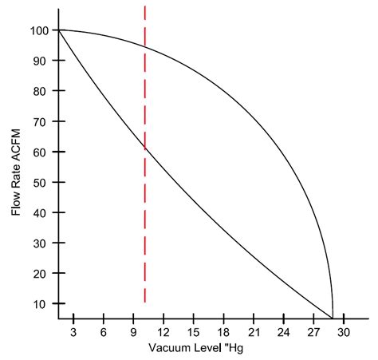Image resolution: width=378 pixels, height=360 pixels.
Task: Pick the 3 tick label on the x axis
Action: [x=73, y=331]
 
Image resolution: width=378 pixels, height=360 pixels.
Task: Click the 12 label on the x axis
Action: [x=163, y=331]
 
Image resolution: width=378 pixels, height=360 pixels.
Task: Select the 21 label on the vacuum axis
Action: [x=254, y=331]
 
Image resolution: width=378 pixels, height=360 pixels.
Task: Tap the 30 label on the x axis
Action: [x=344, y=331]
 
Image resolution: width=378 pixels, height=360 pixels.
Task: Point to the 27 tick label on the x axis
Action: [x=313, y=331]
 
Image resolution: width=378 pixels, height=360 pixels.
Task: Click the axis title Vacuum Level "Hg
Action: [x=200, y=349]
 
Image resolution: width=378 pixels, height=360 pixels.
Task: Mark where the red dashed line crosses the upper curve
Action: [x=144, y=46]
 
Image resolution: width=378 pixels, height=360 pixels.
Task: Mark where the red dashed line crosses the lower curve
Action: [x=144, y=148]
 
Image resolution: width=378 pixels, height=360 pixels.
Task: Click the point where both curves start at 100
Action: [x=57, y=30]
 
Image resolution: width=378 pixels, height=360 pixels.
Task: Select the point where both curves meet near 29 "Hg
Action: [x=333, y=317]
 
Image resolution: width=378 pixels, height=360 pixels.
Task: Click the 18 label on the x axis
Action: [x=223, y=331]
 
